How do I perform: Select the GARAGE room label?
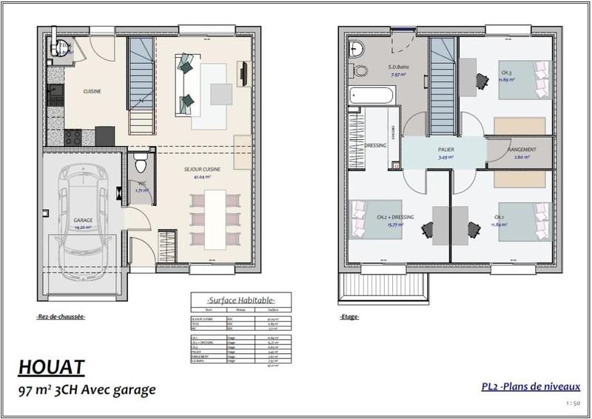[82, 221]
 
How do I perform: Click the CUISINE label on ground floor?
[92, 91]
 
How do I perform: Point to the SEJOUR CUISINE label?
[198, 170]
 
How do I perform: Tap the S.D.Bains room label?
[399, 67]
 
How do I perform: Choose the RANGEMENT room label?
[522, 150]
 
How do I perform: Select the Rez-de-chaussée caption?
[61, 317]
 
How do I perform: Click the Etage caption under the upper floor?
[349, 317]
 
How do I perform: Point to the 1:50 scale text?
[572, 403]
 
